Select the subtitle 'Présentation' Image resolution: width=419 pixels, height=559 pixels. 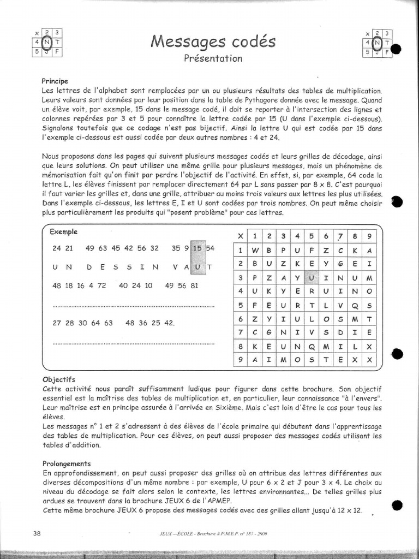213,58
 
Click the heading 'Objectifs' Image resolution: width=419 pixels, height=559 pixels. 59,378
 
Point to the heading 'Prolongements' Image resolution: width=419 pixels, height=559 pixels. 66,463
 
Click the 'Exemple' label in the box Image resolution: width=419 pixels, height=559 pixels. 64,231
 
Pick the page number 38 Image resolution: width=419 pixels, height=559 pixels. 37,533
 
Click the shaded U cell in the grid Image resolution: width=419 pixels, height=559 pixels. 311,278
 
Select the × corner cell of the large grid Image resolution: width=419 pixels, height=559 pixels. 239,236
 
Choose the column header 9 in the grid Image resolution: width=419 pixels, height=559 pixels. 369,236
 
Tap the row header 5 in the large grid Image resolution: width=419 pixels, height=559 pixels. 239,306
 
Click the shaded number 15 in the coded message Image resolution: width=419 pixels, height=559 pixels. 198,248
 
